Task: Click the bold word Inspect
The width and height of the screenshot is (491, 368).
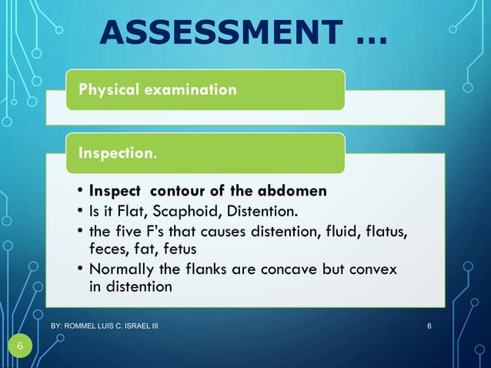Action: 116,190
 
